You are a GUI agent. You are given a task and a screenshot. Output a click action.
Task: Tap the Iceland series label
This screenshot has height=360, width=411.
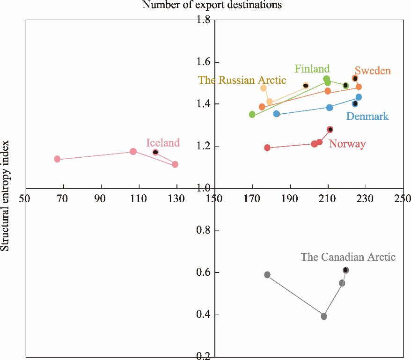163,143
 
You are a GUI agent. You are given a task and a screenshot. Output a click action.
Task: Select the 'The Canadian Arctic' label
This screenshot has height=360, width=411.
348,257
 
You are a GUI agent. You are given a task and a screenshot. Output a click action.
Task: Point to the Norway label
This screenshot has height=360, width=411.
347,144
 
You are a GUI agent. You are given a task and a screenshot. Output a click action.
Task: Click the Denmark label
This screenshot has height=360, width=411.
367,116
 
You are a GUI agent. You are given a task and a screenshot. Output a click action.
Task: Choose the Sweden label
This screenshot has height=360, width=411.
372,71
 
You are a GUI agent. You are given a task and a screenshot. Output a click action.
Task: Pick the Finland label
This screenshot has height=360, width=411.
312,69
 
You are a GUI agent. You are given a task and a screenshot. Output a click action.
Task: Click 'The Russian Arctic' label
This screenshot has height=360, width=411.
242,80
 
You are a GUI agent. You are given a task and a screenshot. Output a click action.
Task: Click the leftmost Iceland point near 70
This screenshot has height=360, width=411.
57,159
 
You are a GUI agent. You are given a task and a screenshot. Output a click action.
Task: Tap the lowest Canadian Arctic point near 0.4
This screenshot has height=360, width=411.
324,316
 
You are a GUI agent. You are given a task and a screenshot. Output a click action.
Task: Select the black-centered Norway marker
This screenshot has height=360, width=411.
330,130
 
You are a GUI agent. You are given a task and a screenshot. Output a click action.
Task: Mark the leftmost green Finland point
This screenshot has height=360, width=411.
252,114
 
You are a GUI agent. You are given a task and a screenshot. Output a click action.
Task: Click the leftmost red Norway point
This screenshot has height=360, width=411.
267,148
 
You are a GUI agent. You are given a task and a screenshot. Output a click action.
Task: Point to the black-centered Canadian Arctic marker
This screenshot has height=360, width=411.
346,270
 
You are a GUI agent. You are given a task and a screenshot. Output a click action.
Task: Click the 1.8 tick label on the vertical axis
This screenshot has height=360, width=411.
205,20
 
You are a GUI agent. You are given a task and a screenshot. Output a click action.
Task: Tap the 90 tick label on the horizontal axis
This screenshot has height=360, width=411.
100,198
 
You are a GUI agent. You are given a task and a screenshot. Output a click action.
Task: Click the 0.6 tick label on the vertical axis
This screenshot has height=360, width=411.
205,272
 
